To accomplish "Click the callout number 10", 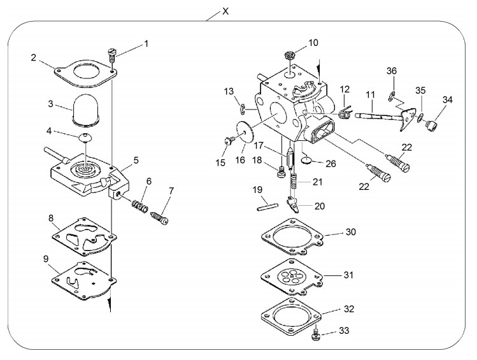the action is click(x=313, y=43).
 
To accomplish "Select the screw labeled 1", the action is click(x=112, y=55).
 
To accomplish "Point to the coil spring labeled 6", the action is click(x=140, y=206).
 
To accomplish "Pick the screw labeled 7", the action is click(x=160, y=218).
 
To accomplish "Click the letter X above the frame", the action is click(x=225, y=11).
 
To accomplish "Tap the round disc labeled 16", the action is click(x=245, y=131).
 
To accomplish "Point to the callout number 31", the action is click(x=348, y=275).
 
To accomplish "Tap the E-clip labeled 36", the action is click(x=392, y=96).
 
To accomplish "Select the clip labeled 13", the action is click(x=243, y=110).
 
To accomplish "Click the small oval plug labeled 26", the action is click(x=307, y=160).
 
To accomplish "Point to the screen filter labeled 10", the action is click(x=290, y=56).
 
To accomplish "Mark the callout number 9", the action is click(x=46, y=259).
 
